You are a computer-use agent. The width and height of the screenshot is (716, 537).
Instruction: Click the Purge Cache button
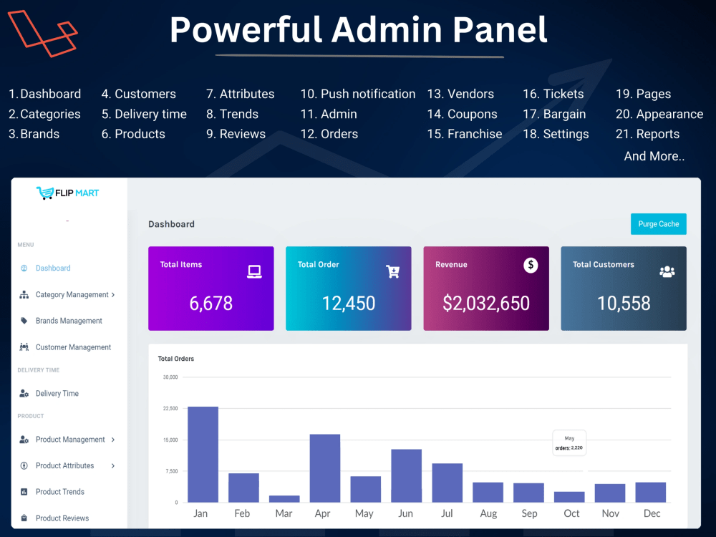(x=658, y=223)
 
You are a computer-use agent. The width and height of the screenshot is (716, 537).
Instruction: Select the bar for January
(x=203, y=455)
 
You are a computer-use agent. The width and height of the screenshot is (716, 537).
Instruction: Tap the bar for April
(x=324, y=468)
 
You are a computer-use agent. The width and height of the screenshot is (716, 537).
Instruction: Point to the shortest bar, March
(x=284, y=498)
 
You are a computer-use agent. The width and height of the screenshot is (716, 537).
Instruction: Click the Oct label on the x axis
(x=571, y=513)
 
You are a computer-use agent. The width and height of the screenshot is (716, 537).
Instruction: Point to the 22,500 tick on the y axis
(x=170, y=408)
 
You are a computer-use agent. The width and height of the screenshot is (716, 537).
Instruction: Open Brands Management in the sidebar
(x=69, y=321)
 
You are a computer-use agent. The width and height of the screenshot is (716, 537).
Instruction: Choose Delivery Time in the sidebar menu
(x=57, y=393)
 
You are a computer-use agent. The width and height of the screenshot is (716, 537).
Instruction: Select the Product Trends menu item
(x=60, y=491)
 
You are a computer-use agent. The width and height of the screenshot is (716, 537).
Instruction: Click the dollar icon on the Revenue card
(x=530, y=265)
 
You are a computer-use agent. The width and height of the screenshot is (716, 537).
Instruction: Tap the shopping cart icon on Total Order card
(x=392, y=271)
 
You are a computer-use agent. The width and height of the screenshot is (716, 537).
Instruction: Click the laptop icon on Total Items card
(x=254, y=271)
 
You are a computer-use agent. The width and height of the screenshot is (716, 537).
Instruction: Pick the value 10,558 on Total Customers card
(x=624, y=303)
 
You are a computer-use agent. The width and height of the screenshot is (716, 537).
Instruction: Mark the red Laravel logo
(x=42, y=34)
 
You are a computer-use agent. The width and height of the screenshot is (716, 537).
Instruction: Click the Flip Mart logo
(x=67, y=193)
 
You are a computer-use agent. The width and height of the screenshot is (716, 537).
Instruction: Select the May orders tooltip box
(x=569, y=443)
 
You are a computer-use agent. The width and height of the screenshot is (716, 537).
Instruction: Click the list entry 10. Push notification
(x=357, y=94)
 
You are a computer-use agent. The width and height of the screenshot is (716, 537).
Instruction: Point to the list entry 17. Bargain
(x=554, y=114)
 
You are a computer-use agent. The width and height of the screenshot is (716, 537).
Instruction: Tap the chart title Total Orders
(x=176, y=359)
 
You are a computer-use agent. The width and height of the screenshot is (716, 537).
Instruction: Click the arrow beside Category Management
(x=113, y=294)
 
